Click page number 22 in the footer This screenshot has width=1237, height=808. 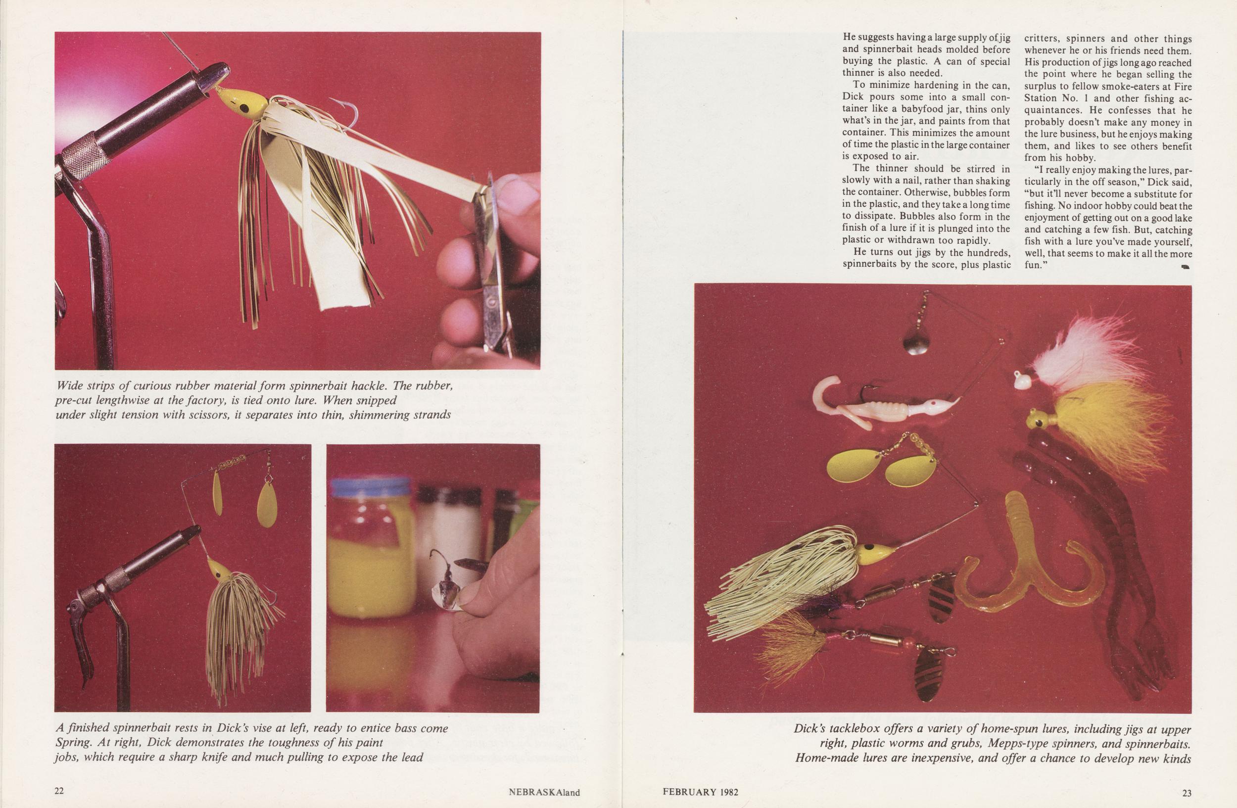(59, 791)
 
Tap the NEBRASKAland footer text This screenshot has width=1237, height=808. (544, 792)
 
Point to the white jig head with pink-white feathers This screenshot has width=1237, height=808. (1021, 381)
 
